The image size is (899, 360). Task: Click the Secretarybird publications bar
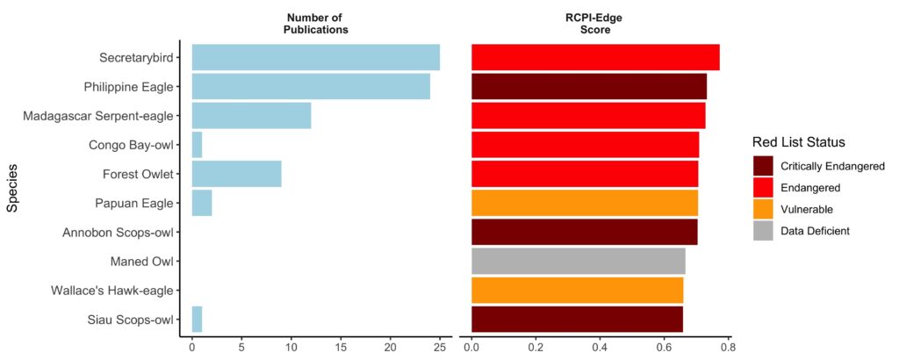click(x=315, y=58)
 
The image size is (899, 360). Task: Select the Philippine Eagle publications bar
click(x=311, y=87)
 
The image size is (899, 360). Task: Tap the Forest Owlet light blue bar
click(x=236, y=174)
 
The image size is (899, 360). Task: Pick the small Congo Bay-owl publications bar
click(x=197, y=145)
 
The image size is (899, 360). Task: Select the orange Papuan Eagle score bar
click(x=585, y=203)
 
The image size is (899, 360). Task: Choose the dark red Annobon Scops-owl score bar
click(x=584, y=232)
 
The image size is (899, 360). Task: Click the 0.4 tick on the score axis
click(x=600, y=346)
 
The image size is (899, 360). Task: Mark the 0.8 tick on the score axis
click(x=727, y=346)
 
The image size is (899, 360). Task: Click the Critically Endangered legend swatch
click(x=764, y=166)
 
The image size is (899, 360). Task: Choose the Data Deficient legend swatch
click(x=764, y=230)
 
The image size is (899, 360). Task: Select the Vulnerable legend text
click(x=806, y=209)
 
